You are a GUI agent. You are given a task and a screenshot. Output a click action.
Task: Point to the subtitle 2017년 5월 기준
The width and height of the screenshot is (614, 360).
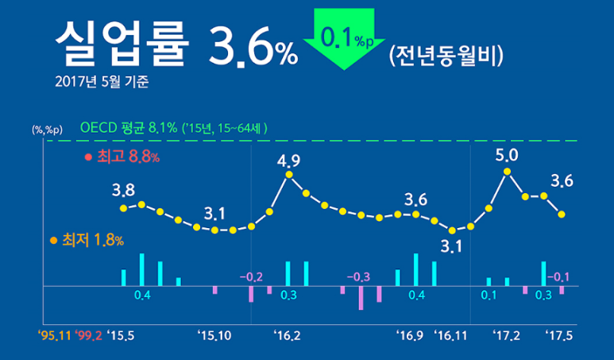[104, 81]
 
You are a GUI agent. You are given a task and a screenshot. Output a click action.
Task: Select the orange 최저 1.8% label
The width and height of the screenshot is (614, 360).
[87, 239]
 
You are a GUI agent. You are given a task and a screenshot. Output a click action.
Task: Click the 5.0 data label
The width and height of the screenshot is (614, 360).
[506, 154]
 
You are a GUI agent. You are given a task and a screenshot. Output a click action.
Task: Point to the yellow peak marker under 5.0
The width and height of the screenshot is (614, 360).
[507, 172]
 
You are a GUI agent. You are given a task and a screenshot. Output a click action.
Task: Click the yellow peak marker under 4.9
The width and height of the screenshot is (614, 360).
[289, 175]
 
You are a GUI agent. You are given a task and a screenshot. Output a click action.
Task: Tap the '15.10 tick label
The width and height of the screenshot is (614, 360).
[214, 335]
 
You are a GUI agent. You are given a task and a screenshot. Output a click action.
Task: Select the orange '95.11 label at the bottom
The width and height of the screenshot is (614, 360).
[54, 335]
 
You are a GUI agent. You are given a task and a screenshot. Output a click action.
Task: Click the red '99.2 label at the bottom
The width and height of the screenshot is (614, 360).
[89, 335]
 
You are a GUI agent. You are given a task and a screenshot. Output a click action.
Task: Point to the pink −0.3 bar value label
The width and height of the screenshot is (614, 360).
[359, 277]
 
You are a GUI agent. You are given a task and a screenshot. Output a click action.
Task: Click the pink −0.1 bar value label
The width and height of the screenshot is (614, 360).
[559, 277]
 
